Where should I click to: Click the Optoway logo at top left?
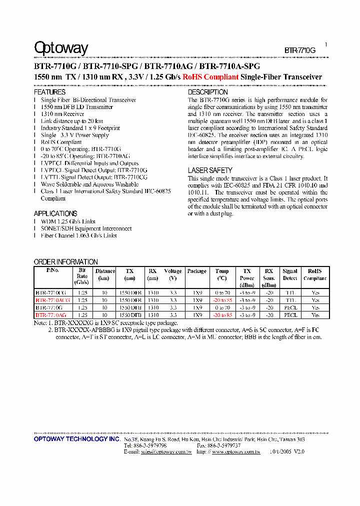(61, 48)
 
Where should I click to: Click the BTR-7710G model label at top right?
(300, 50)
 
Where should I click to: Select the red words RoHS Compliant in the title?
(210, 77)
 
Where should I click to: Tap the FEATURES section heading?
(49, 92)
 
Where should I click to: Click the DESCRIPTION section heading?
(207, 92)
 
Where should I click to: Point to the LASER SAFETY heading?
(210, 170)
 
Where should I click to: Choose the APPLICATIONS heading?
(55, 213)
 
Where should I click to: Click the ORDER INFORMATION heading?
(66, 262)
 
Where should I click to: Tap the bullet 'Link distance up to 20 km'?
(71, 121)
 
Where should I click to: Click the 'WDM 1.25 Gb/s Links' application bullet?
(68, 221)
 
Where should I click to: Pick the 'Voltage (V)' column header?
(173, 274)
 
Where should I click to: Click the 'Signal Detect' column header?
(290, 274)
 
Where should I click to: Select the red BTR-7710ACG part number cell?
(52, 300)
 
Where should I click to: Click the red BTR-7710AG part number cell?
(51, 315)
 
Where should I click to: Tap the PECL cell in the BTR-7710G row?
(290, 308)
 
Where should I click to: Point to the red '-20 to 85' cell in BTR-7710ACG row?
(222, 300)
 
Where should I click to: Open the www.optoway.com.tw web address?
(236, 451)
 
